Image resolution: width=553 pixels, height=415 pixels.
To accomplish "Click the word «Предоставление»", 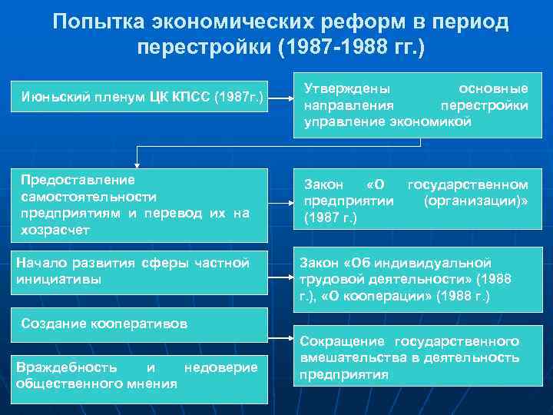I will pyautogui.click(x=78, y=179).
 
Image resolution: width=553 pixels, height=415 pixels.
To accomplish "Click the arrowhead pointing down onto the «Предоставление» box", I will pyautogui.click(x=137, y=162).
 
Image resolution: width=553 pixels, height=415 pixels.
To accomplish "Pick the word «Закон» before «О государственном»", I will pyautogui.click(x=323, y=184).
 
